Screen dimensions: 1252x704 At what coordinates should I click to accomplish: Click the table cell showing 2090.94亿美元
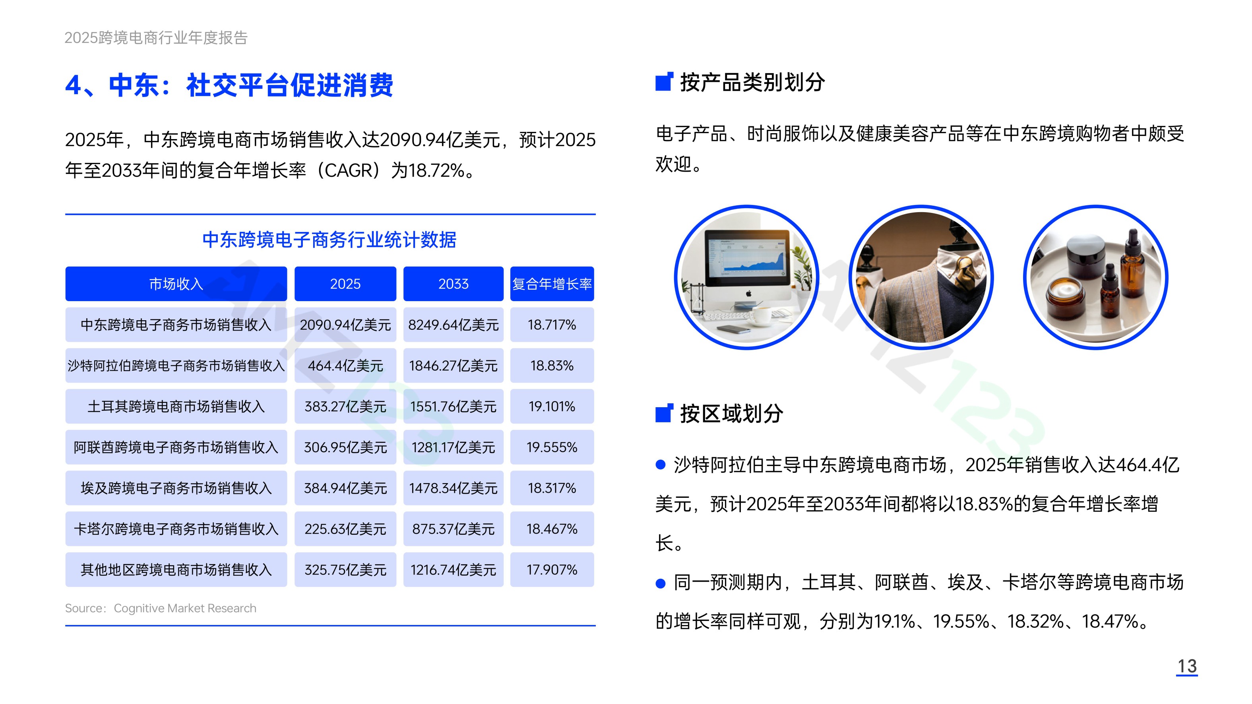345,325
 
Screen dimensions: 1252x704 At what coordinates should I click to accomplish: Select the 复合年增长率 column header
552,284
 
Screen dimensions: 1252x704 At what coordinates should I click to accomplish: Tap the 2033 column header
453,284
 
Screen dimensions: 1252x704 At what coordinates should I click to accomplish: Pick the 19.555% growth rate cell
552,447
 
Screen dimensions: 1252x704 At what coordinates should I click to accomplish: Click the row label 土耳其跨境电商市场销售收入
176,406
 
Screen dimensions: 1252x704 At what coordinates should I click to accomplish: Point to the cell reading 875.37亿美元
453,529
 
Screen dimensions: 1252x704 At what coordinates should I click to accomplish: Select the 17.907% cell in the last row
552,569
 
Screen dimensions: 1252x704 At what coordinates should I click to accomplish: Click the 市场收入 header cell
176,284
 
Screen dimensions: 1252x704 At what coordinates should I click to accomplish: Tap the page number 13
1187,666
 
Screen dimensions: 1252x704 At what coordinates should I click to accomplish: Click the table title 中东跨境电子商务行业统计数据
329,240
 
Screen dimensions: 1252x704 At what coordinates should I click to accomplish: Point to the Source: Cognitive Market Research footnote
161,608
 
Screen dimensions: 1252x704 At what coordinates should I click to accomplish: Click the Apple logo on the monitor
749,294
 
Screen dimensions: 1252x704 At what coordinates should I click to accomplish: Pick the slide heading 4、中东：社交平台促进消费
229,85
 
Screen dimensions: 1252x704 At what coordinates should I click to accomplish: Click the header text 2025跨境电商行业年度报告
156,37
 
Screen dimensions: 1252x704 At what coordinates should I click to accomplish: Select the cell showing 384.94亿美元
345,488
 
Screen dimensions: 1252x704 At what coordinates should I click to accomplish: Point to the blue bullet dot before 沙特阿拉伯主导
661,465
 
